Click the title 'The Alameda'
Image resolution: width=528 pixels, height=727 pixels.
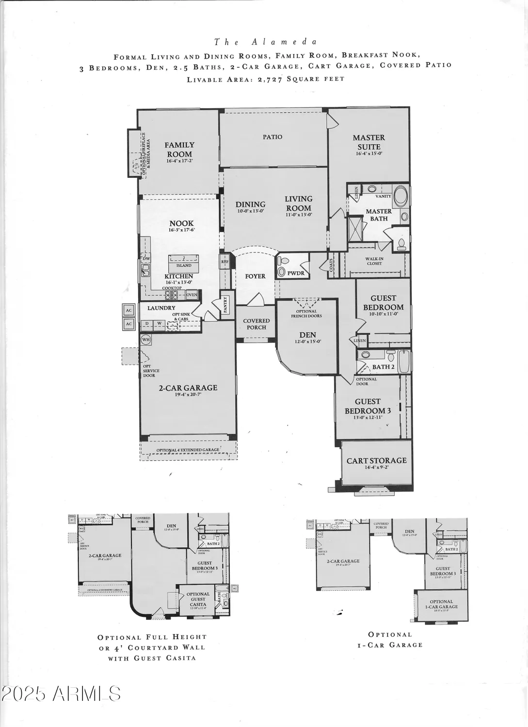click(265, 42)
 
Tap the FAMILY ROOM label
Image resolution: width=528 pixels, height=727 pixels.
click(179, 149)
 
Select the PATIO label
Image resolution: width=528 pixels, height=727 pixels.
click(272, 137)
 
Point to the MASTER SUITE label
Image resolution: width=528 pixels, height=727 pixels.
click(368, 142)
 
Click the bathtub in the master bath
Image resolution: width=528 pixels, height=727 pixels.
click(400, 196)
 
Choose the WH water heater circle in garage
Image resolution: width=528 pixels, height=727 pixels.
click(146, 340)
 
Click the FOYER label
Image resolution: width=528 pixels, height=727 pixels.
click(255, 276)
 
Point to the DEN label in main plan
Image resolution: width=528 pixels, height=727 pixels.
click(307, 334)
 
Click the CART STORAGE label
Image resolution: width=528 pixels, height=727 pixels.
click(376, 461)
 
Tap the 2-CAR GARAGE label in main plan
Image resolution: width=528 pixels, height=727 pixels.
click(188, 388)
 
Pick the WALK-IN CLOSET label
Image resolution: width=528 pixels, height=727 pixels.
click(374, 261)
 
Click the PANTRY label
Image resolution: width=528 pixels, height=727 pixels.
click(225, 306)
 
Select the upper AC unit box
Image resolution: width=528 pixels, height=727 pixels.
click(128, 311)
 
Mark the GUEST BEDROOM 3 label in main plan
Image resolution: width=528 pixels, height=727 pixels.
click(368, 406)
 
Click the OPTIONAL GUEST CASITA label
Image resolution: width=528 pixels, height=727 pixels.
click(198, 599)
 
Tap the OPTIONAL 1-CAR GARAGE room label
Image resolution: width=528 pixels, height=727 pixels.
click(441, 604)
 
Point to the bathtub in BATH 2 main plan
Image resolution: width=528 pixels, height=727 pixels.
click(404, 362)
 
